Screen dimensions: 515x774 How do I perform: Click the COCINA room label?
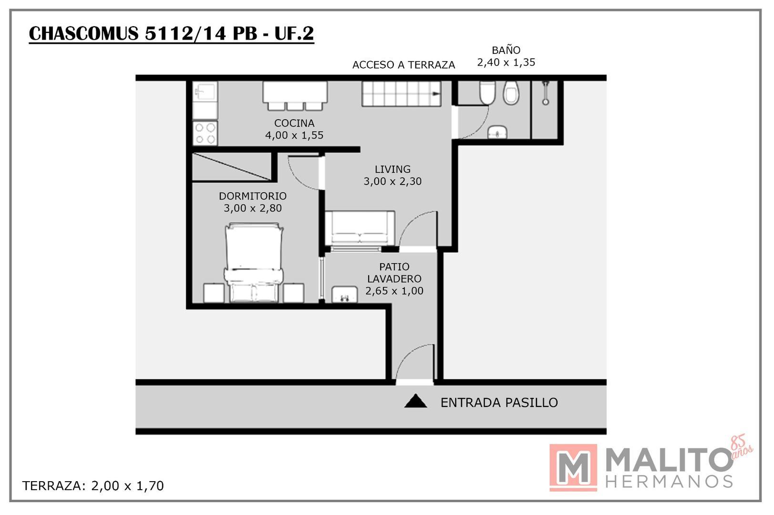[x=294, y=123]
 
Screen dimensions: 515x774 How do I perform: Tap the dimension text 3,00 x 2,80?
[x=253, y=208]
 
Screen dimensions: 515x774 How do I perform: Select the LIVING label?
[x=392, y=169]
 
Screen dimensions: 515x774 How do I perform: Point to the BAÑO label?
[x=506, y=50]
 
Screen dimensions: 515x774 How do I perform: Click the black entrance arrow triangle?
[x=415, y=402]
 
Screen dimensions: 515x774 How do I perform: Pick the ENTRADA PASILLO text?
[x=499, y=403]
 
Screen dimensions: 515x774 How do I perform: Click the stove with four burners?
[x=205, y=134]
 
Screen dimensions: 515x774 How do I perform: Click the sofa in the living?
[x=360, y=228]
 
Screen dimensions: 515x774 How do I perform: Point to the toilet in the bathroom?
[x=487, y=92]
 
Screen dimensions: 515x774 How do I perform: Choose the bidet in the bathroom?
[x=511, y=93]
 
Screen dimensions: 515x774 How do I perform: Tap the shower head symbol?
[x=546, y=93]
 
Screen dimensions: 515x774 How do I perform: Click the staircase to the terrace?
[x=401, y=94]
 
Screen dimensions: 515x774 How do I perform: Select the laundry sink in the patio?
[x=344, y=294]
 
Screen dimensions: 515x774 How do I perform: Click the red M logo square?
[x=573, y=467]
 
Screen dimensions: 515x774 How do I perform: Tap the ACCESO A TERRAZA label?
[x=403, y=65]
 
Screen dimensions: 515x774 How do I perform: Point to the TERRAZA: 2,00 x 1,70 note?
[x=93, y=486]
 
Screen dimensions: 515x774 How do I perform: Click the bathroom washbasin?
[x=497, y=132]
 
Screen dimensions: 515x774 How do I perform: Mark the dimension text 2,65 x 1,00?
[x=394, y=291]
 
